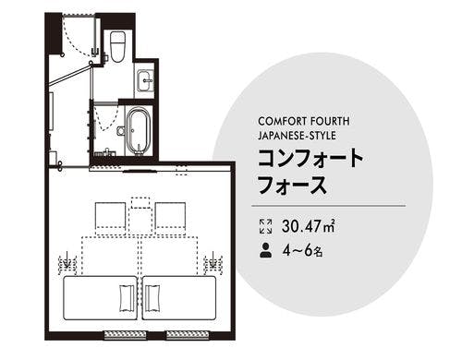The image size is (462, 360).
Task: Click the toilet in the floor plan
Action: tap(117, 44)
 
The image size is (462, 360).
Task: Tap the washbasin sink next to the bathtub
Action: tap(147, 81)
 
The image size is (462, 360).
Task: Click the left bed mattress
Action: tap(100, 298)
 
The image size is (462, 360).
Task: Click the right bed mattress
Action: tap(179, 298)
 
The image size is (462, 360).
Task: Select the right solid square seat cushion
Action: tap(169, 215)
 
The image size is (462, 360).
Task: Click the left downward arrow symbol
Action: tap(65, 263)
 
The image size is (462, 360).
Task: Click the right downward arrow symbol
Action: tap(213, 263)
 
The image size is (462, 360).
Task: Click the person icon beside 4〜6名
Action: tap(266, 249)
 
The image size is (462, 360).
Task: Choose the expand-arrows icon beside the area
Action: tap(266, 224)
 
